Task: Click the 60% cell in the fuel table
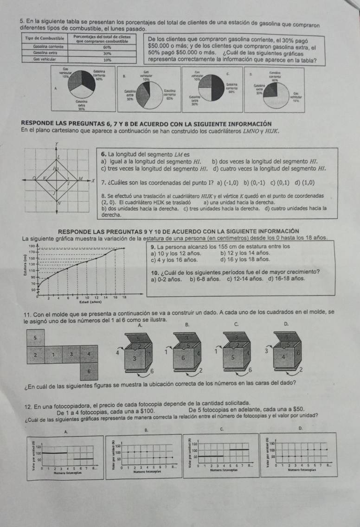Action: click(107, 47)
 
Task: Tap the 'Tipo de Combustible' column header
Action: click(45, 38)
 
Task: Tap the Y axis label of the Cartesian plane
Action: click(58, 145)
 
